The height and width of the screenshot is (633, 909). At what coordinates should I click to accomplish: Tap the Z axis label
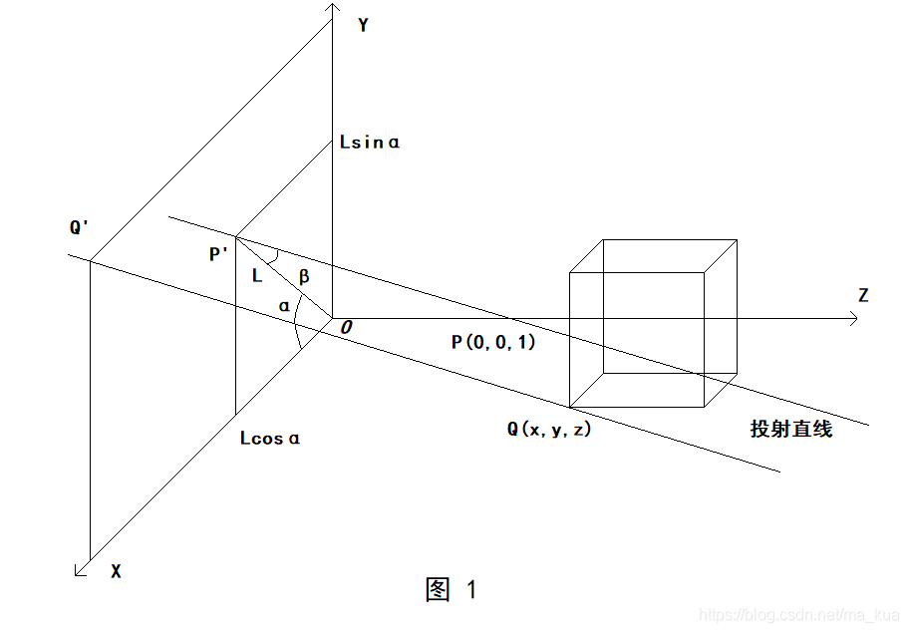coord(862,295)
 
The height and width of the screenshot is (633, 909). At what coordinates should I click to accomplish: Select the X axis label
coord(116,572)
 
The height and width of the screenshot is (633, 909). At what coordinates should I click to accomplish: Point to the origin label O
coord(346,327)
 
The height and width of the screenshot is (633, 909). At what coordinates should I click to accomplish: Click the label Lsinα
coord(370,143)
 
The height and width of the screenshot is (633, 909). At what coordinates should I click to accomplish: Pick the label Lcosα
coord(270,438)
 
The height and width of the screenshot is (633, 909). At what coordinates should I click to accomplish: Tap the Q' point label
coord(80,228)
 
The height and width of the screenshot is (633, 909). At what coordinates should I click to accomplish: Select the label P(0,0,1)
coord(493,342)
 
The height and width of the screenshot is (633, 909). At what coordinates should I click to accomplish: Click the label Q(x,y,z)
coord(549,430)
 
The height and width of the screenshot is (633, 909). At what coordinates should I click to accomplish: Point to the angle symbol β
coord(305,274)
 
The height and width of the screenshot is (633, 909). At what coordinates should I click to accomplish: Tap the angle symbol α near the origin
coord(285,306)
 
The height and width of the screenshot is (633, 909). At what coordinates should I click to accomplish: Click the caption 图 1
coord(452,590)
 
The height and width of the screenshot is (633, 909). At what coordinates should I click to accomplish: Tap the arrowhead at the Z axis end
coord(855,319)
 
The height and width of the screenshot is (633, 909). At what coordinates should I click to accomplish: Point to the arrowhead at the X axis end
coord(80,570)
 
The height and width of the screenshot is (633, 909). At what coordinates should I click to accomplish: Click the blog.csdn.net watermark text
coord(797,616)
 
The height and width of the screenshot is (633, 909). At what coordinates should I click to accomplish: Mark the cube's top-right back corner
coord(737,239)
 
